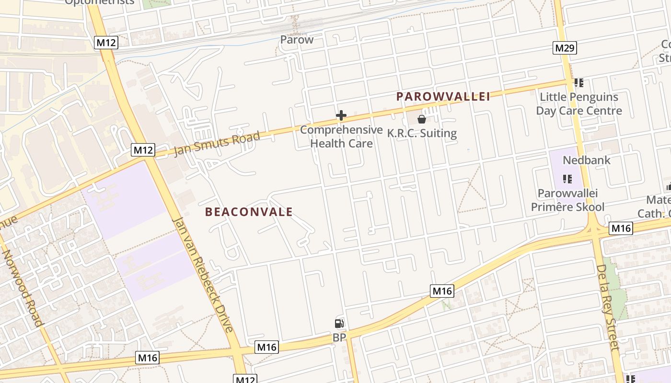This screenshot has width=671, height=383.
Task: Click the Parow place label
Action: point(297,40)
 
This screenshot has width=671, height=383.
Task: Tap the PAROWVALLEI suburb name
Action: point(443,97)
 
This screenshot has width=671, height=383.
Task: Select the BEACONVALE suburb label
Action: point(249,212)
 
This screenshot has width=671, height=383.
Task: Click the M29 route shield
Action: point(565,48)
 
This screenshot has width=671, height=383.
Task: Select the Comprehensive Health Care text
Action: point(341,136)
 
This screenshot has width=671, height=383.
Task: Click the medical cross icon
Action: point(341,115)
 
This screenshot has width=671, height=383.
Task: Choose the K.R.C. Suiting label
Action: point(422,133)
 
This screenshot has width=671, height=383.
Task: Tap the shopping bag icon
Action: point(422,119)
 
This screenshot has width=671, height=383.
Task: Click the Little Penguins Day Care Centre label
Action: point(579,104)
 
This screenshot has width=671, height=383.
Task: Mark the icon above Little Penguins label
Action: point(579,83)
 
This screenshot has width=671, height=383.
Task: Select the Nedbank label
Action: point(587,160)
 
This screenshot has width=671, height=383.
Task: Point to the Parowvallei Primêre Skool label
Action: point(567,200)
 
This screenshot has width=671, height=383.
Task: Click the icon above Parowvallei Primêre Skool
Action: point(567,179)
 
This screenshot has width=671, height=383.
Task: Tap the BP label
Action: point(339,338)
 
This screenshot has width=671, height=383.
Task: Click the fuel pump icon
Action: point(339,324)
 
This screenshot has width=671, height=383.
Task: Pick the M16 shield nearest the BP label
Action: point(266,347)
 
